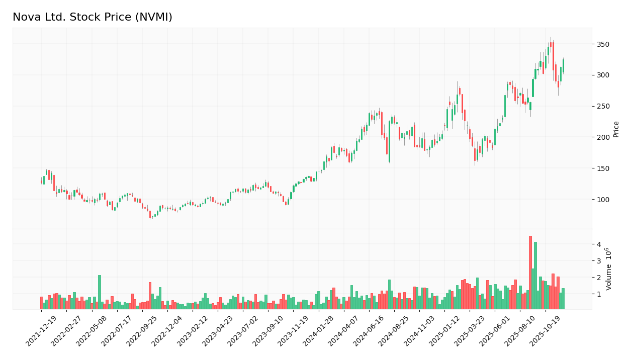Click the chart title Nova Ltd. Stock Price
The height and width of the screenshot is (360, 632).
coord(93,17)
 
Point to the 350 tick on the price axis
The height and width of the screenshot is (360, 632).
coord(603,44)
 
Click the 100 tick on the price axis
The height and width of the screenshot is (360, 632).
coord(603,200)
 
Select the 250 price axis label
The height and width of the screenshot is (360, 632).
coord(603,106)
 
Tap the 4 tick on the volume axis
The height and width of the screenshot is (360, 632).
coord(599,244)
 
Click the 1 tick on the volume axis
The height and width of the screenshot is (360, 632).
coord(599,294)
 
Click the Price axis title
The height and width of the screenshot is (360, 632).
coord(616,129)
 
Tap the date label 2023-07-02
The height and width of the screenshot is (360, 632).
coord(244,331)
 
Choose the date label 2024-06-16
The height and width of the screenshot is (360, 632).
coord(370,331)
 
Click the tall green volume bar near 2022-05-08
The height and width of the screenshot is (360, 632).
coord(100,292)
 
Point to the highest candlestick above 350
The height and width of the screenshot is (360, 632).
coord(551,44)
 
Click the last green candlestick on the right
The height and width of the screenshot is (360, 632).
coord(563,66)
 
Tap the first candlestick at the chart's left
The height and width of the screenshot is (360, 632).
coord(41,182)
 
